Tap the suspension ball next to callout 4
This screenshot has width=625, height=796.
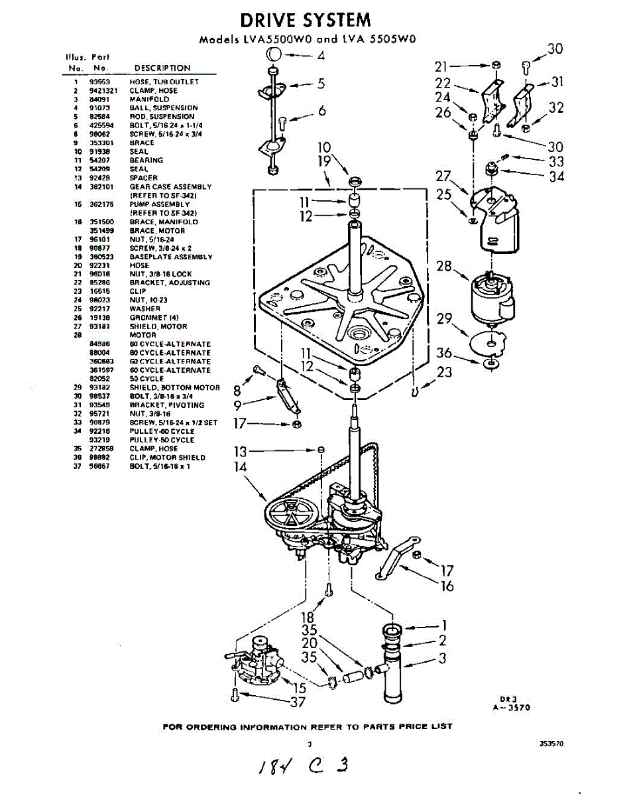274,54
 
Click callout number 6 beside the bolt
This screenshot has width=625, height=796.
322,111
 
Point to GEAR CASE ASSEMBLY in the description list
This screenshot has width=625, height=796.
170,187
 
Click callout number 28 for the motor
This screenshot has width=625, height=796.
444,267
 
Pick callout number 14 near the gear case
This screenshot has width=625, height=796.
241,466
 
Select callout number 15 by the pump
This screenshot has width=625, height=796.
300,689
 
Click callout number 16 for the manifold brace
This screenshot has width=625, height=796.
447,586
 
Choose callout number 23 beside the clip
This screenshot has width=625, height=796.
445,372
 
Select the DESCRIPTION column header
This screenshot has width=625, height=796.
162,68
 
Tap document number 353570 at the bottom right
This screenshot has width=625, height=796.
551,744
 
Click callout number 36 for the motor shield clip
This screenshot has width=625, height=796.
444,353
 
